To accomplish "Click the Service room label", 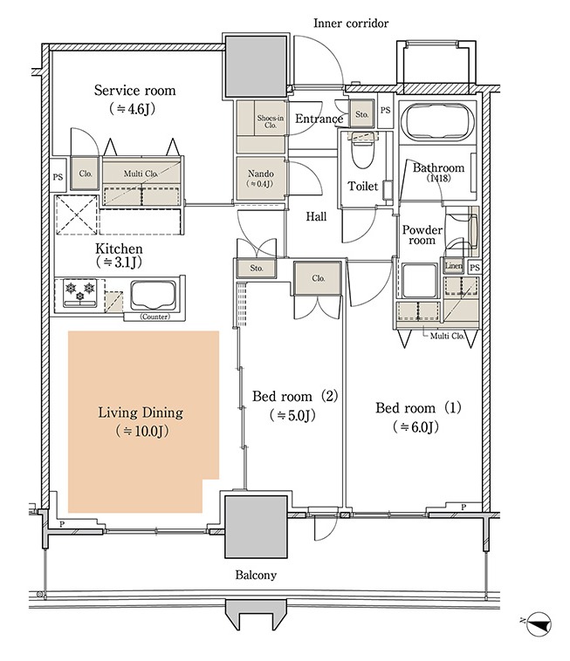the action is point(134,91).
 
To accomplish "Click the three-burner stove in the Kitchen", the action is point(79,292).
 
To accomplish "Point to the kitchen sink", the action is point(153,296).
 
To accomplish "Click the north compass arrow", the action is point(539,624).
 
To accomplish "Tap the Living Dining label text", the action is point(141,412).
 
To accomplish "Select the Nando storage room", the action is point(260,178).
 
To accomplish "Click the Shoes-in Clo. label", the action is point(270,121).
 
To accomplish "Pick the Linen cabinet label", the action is point(454,266).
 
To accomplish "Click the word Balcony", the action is point(256,575).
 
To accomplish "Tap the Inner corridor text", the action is point(351,24).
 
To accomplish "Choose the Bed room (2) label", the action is point(295,396).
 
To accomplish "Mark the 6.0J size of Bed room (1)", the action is point(416,427).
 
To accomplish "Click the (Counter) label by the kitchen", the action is point(155,317).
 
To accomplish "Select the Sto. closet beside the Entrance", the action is point(361,113).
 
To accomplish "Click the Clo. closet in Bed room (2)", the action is point(318,278).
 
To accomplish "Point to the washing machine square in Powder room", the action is point(419,280).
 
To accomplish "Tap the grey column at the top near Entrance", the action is point(256,66).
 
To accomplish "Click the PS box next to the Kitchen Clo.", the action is point(58,177).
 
